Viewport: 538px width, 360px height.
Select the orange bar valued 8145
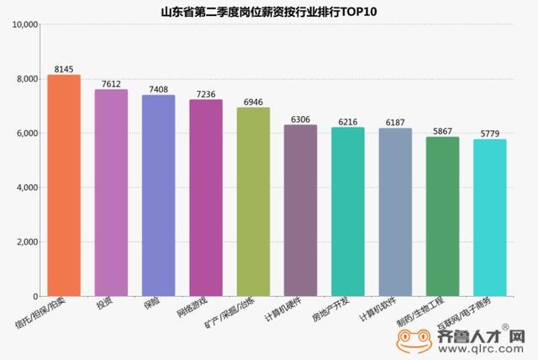(x=64, y=185)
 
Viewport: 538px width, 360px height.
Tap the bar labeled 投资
(x=111, y=193)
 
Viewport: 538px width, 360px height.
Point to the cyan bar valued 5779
(x=490, y=218)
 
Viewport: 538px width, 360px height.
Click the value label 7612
(x=111, y=83)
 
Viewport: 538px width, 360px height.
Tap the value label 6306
(x=300, y=119)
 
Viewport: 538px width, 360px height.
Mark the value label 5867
(x=442, y=130)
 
